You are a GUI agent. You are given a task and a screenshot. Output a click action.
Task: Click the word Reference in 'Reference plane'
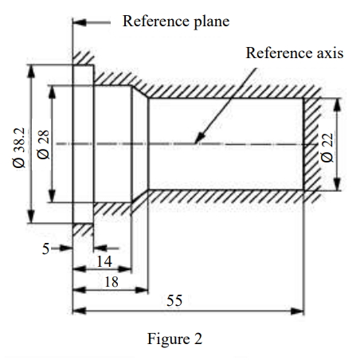coord(156,21)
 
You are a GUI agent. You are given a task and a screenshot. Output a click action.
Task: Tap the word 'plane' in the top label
coord(212,22)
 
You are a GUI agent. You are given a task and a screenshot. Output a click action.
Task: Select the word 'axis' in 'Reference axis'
coord(330,53)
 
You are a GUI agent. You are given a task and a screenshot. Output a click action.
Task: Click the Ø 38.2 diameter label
coord(19,147)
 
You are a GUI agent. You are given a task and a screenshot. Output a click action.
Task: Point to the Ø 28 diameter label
coord(43,145)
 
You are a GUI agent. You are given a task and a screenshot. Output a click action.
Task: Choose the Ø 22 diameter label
coord(327,148)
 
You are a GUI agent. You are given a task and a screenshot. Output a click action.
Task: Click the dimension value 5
coord(45,249)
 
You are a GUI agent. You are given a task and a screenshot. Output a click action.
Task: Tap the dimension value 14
coord(104,261)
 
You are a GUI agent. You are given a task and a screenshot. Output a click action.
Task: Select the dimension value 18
coord(112,282)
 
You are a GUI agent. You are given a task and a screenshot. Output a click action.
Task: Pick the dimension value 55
coord(174,301)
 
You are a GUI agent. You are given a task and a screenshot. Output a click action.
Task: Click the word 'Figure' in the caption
coord(168,339)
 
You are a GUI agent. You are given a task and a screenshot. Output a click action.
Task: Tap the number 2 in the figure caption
coord(198,339)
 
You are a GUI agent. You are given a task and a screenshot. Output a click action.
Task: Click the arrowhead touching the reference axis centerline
coord(200,138)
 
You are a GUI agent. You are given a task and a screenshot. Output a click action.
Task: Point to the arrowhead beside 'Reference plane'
coord(80,22)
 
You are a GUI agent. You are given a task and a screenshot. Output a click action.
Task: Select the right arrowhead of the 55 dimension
coord(297,311)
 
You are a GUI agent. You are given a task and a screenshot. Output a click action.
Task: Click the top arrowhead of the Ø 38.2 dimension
coord(31,71)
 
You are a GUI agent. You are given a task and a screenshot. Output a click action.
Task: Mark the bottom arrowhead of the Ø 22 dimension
coord(337,184)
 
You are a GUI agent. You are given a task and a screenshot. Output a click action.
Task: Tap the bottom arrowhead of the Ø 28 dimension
coord(52,196)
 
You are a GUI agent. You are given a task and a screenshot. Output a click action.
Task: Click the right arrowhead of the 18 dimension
coord(142,290)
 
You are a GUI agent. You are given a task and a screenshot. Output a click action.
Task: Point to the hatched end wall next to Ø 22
coord(311,145)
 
